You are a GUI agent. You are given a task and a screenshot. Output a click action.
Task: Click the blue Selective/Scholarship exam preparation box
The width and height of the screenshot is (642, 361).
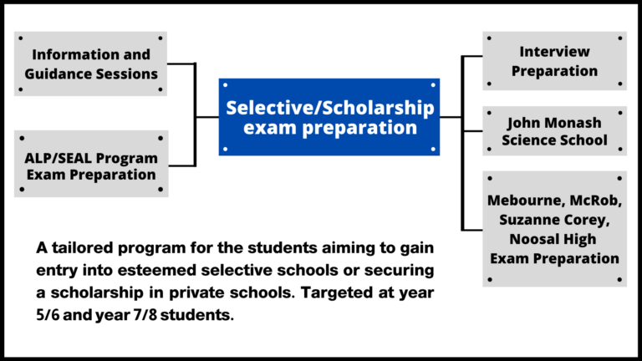[329, 117]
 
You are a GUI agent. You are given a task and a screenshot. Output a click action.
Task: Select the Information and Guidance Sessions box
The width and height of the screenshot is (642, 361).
[91, 64]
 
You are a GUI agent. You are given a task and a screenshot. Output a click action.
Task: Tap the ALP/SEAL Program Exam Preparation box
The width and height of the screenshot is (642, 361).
[91, 165]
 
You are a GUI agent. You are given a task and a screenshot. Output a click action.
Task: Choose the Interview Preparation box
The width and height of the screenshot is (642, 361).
[554, 61]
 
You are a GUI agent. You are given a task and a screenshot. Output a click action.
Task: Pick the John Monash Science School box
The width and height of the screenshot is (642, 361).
[554, 131]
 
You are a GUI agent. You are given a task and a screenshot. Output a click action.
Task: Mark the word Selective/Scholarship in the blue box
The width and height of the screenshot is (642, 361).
[329, 108]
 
